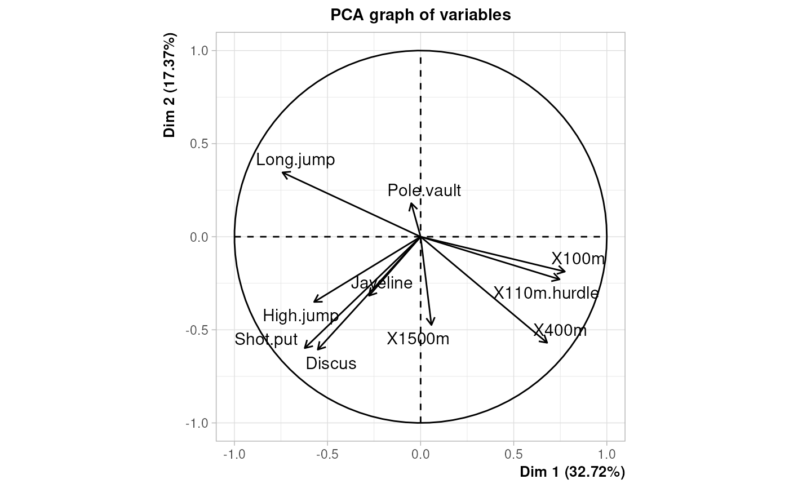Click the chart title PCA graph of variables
click(x=420, y=15)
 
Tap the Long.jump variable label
click(x=295, y=160)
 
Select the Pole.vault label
click(x=424, y=191)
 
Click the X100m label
click(x=578, y=259)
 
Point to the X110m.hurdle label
click(x=546, y=293)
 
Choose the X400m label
click(x=560, y=330)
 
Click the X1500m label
click(x=418, y=339)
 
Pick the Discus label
click(x=331, y=363)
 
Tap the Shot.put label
click(x=266, y=340)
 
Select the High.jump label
click(x=300, y=316)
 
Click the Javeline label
click(x=382, y=283)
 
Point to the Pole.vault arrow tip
click(x=411, y=203)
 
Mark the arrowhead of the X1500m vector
click(x=432, y=325)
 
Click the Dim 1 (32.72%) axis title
click(x=572, y=471)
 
